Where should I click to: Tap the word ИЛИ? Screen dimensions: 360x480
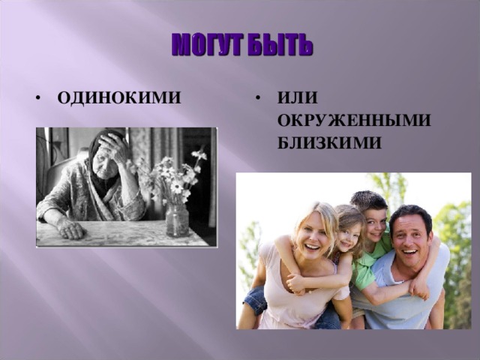297,98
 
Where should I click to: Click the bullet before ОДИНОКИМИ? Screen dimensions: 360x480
37,99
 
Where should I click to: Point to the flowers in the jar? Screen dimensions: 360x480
176,176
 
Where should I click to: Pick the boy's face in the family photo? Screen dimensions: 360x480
374,221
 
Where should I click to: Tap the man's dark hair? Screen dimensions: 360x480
410,214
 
